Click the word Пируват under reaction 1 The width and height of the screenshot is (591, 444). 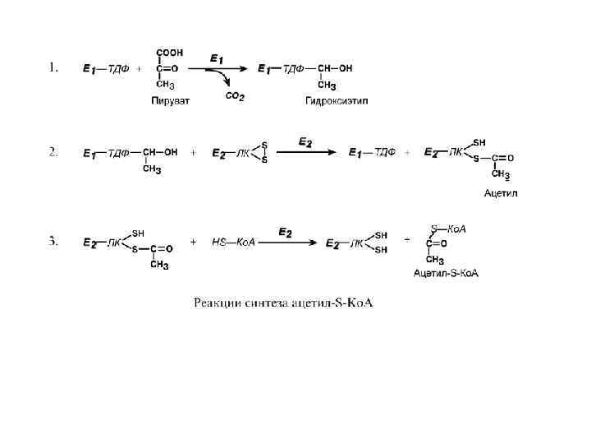[x=169, y=101]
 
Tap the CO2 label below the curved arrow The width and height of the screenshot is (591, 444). [x=235, y=96]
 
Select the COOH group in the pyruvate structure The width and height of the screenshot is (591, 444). [x=170, y=52]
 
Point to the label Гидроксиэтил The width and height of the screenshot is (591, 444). [x=336, y=101]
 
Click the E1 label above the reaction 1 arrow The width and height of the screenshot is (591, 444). [x=217, y=58]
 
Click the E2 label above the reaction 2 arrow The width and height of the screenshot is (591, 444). [x=305, y=142]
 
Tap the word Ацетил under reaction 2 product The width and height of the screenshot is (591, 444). [x=502, y=193]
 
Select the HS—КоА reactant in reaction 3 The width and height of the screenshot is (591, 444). [x=233, y=243]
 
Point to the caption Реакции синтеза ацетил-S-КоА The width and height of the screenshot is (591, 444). [x=283, y=303]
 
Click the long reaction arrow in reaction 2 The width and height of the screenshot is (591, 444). [x=305, y=152]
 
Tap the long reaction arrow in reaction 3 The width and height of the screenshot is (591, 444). [x=285, y=243]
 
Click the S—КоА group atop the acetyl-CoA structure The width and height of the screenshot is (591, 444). [x=448, y=229]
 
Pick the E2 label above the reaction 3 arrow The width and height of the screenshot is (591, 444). [x=285, y=233]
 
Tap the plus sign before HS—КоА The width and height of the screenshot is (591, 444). [x=193, y=243]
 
